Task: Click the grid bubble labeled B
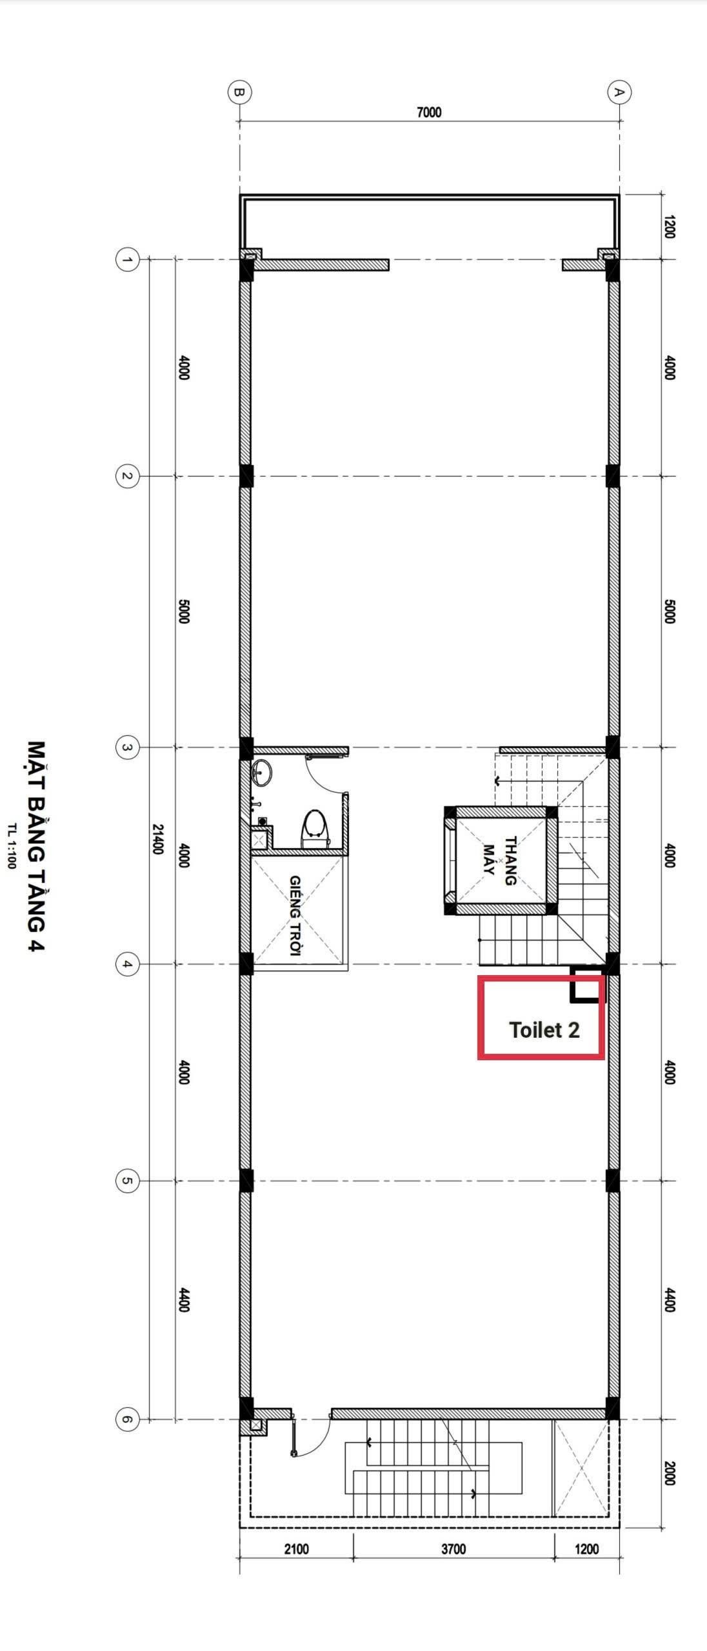pyautogui.click(x=239, y=92)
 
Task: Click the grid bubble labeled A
pyautogui.click(x=619, y=92)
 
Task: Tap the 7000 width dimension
pyautogui.click(x=429, y=112)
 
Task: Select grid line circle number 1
pyautogui.click(x=127, y=260)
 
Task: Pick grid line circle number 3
pyautogui.click(x=127, y=748)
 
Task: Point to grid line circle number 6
pyautogui.click(x=127, y=1419)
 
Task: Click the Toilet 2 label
pyautogui.click(x=544, y=1030)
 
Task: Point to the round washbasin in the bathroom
pyautogui.click(x=262, y=772)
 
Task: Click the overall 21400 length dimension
pyautogui.click(x=157, y=838)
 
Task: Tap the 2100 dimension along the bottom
pyautogui.click(x=296, y=1548)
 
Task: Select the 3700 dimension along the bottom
pyautogui.click(x=453, y=1548)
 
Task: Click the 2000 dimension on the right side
pyautogui.click(x=669, y=1473)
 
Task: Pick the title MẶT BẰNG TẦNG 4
pyautogui.click(x=36, y=845)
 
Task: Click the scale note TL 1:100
pyautogui.click(x=11, y=845)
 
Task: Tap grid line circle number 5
pyautogui.click(x=127, y=1181)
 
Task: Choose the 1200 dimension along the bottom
pyautogui.click(x=586, y=1548)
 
